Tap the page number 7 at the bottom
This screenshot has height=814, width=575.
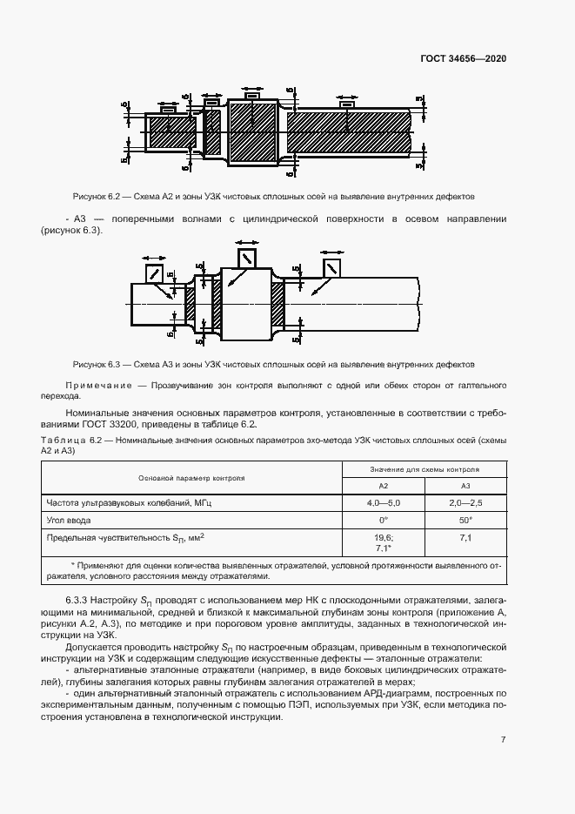pyautogui.click(x=503, y=739)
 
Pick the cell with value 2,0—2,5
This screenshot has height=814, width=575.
pyautogui.click(x=465, y=502)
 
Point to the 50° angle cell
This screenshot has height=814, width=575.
pyautogui.click(x=465, y=519)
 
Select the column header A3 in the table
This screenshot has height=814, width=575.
pyautogui.click(x=465, y=486)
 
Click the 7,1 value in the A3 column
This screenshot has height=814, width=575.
pyautogui.click(x=465, y=539)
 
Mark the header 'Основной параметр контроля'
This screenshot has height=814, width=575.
pyautogui.click(x=191, y=478)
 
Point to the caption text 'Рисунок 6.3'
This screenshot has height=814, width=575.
pyautogui.click(x=101, y=363)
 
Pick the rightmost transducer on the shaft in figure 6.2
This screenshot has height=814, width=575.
pyautogui.click(x=347, y=104)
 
